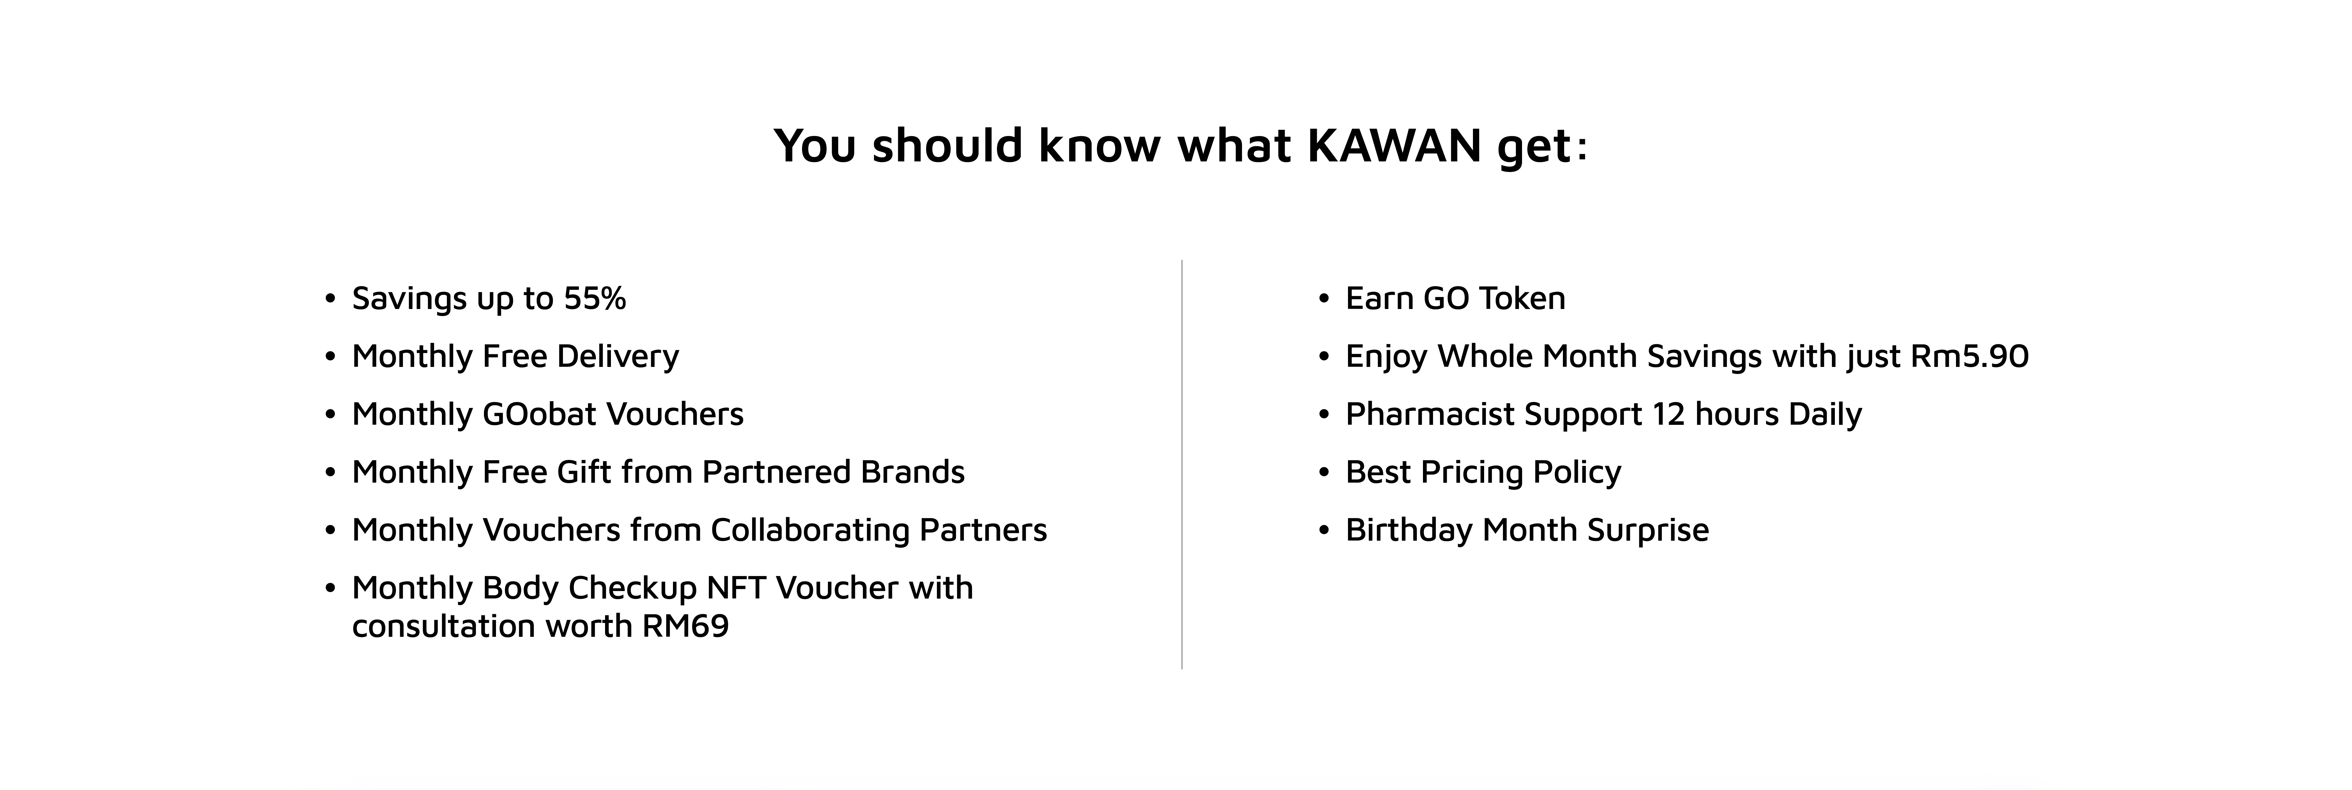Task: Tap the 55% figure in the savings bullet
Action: point(594,299)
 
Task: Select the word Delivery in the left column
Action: point(618,356)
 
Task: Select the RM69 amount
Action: point(686,627)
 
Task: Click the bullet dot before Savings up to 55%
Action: point(330,300)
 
